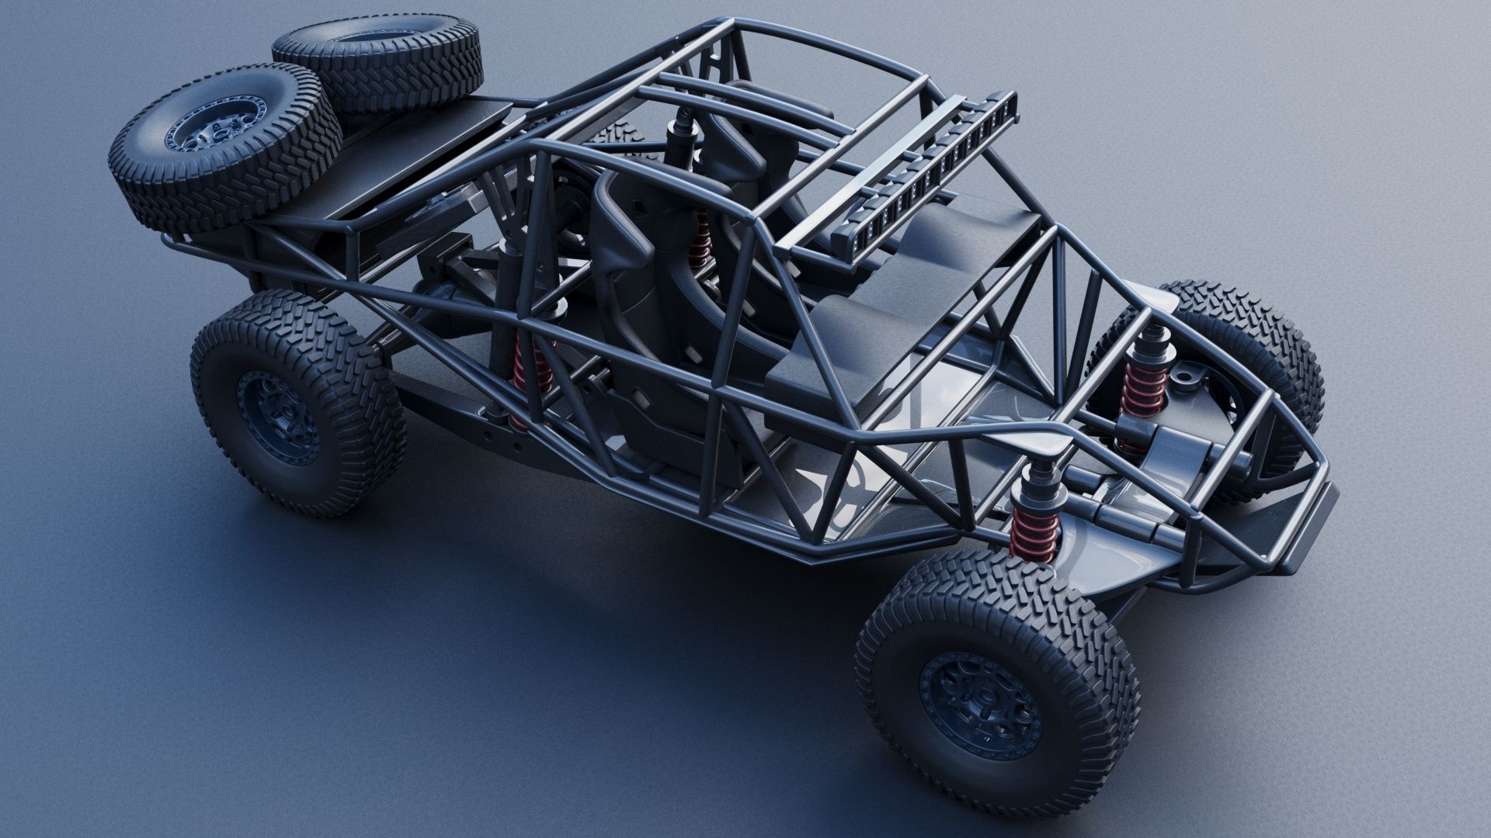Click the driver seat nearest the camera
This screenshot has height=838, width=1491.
tap(621, 233)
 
